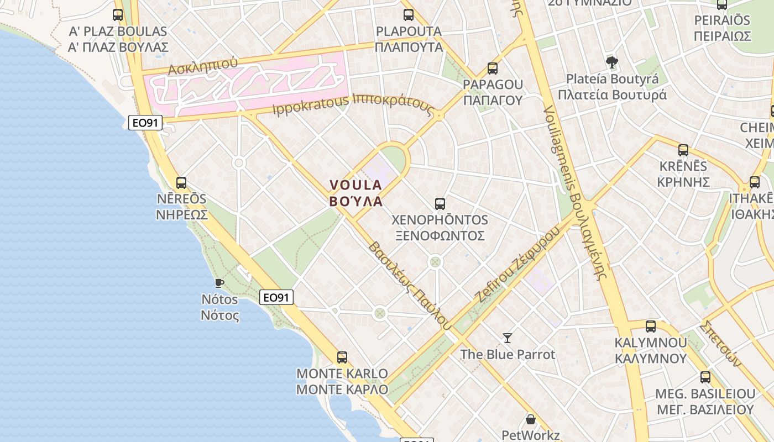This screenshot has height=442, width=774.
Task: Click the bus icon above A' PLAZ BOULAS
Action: (x=118, y=14)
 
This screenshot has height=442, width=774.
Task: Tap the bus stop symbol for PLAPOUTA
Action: (x=409, y=14)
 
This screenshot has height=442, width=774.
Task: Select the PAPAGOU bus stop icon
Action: (x=493, y=69)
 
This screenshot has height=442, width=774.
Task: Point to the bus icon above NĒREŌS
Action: (x=181, y=182)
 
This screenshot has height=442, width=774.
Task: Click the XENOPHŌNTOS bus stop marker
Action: (x=440, y=203)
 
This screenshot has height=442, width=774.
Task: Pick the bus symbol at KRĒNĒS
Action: (x=683, y=150)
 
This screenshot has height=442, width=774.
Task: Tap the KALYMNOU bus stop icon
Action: (x=651, y=326)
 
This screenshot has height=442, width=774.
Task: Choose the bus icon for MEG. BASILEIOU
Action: (x=705, y=377)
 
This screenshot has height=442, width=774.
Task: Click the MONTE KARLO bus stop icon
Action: (x=342, y=357)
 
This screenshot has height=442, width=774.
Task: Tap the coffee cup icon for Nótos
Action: (x=219, y=283)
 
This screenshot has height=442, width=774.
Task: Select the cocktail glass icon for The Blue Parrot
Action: (x=508, y=338)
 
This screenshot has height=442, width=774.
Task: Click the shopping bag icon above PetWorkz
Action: (x=531, y=419)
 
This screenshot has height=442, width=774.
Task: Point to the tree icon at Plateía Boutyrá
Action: (x=611, y=62)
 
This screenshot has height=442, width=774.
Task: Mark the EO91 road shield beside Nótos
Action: (x=276, y=297)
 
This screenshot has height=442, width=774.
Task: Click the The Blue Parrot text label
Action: (x=508, y=354)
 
